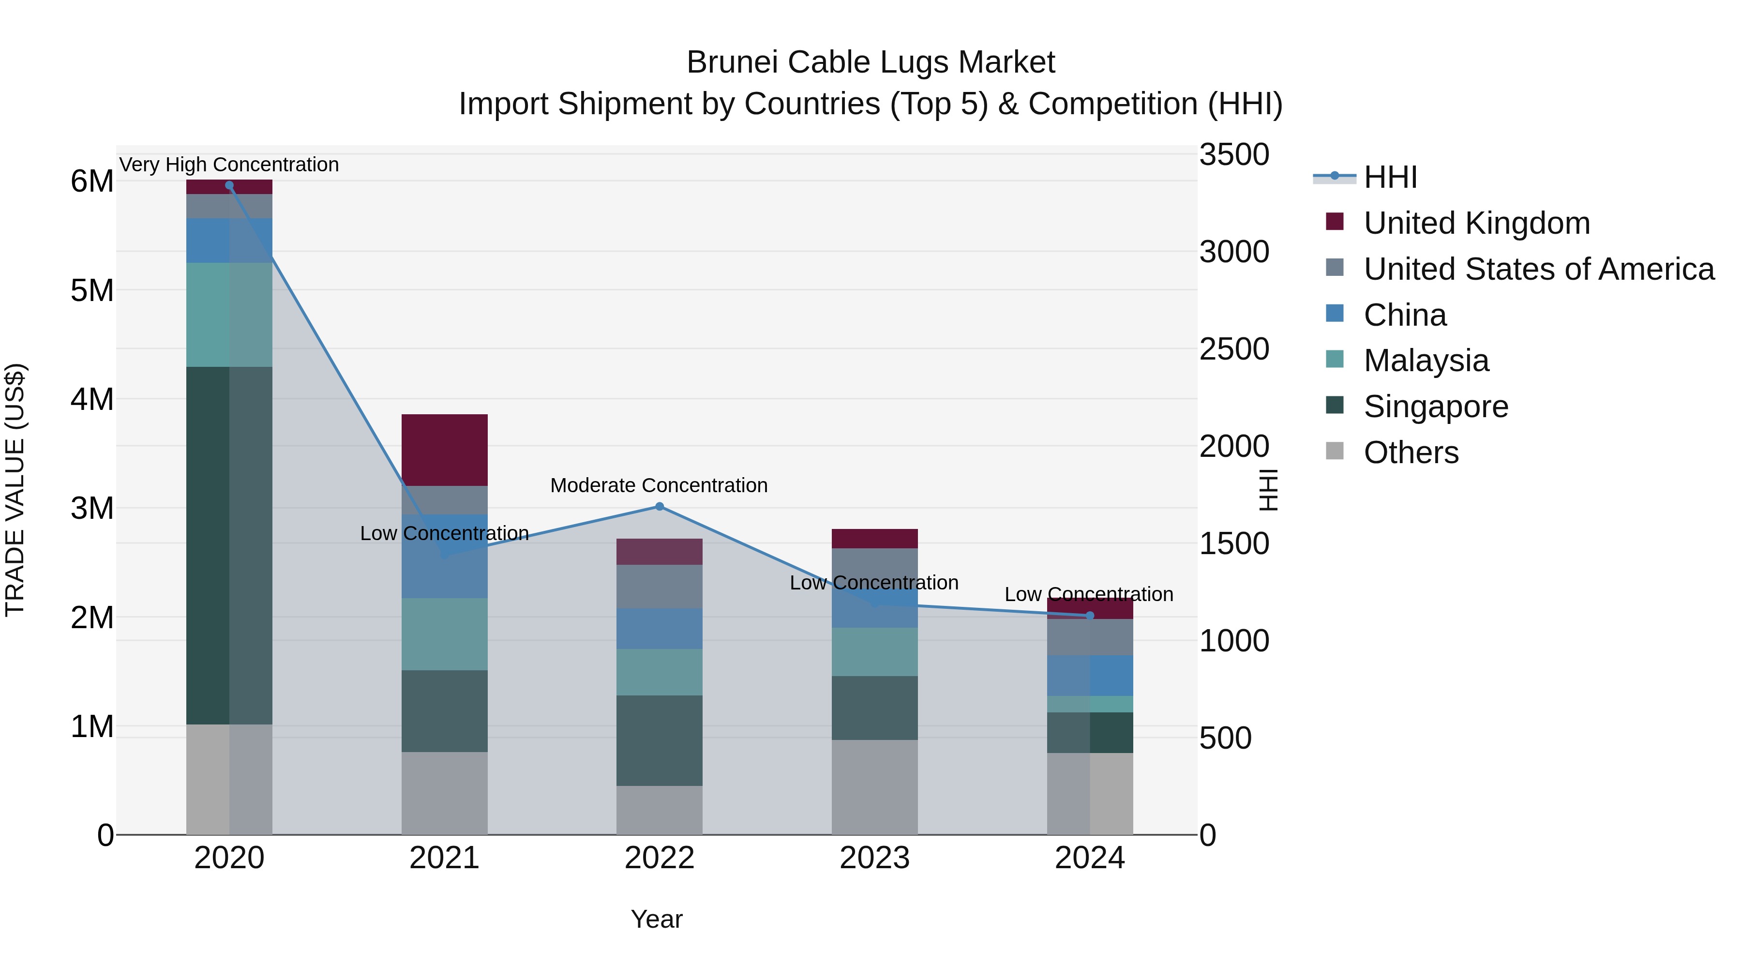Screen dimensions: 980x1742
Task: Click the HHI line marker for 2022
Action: (660, 507)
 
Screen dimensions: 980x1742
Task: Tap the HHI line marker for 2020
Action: (229, 185)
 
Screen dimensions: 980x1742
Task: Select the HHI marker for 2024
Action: (1089, 616)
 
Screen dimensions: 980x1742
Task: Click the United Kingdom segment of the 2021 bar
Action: (444, 450)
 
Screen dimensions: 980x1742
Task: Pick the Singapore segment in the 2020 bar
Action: (229, 545)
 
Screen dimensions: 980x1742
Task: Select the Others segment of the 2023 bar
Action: (874, 786)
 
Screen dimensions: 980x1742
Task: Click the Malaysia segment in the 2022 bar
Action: (660, 672)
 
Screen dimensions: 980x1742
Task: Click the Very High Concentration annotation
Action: (229, 165)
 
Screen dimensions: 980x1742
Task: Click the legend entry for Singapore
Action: (1436, 407)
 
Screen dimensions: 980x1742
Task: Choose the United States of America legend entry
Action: (1538, 269)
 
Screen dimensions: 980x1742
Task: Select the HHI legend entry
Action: (1390, 177)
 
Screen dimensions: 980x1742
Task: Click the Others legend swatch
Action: (1334, 451)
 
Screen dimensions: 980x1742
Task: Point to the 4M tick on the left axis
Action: (92, 399)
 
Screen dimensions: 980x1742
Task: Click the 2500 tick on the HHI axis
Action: (1234, 349)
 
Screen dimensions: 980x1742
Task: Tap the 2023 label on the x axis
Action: (874, 858)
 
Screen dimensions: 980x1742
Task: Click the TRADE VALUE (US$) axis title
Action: (15, 490)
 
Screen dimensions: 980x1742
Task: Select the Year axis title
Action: (657, 919)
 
